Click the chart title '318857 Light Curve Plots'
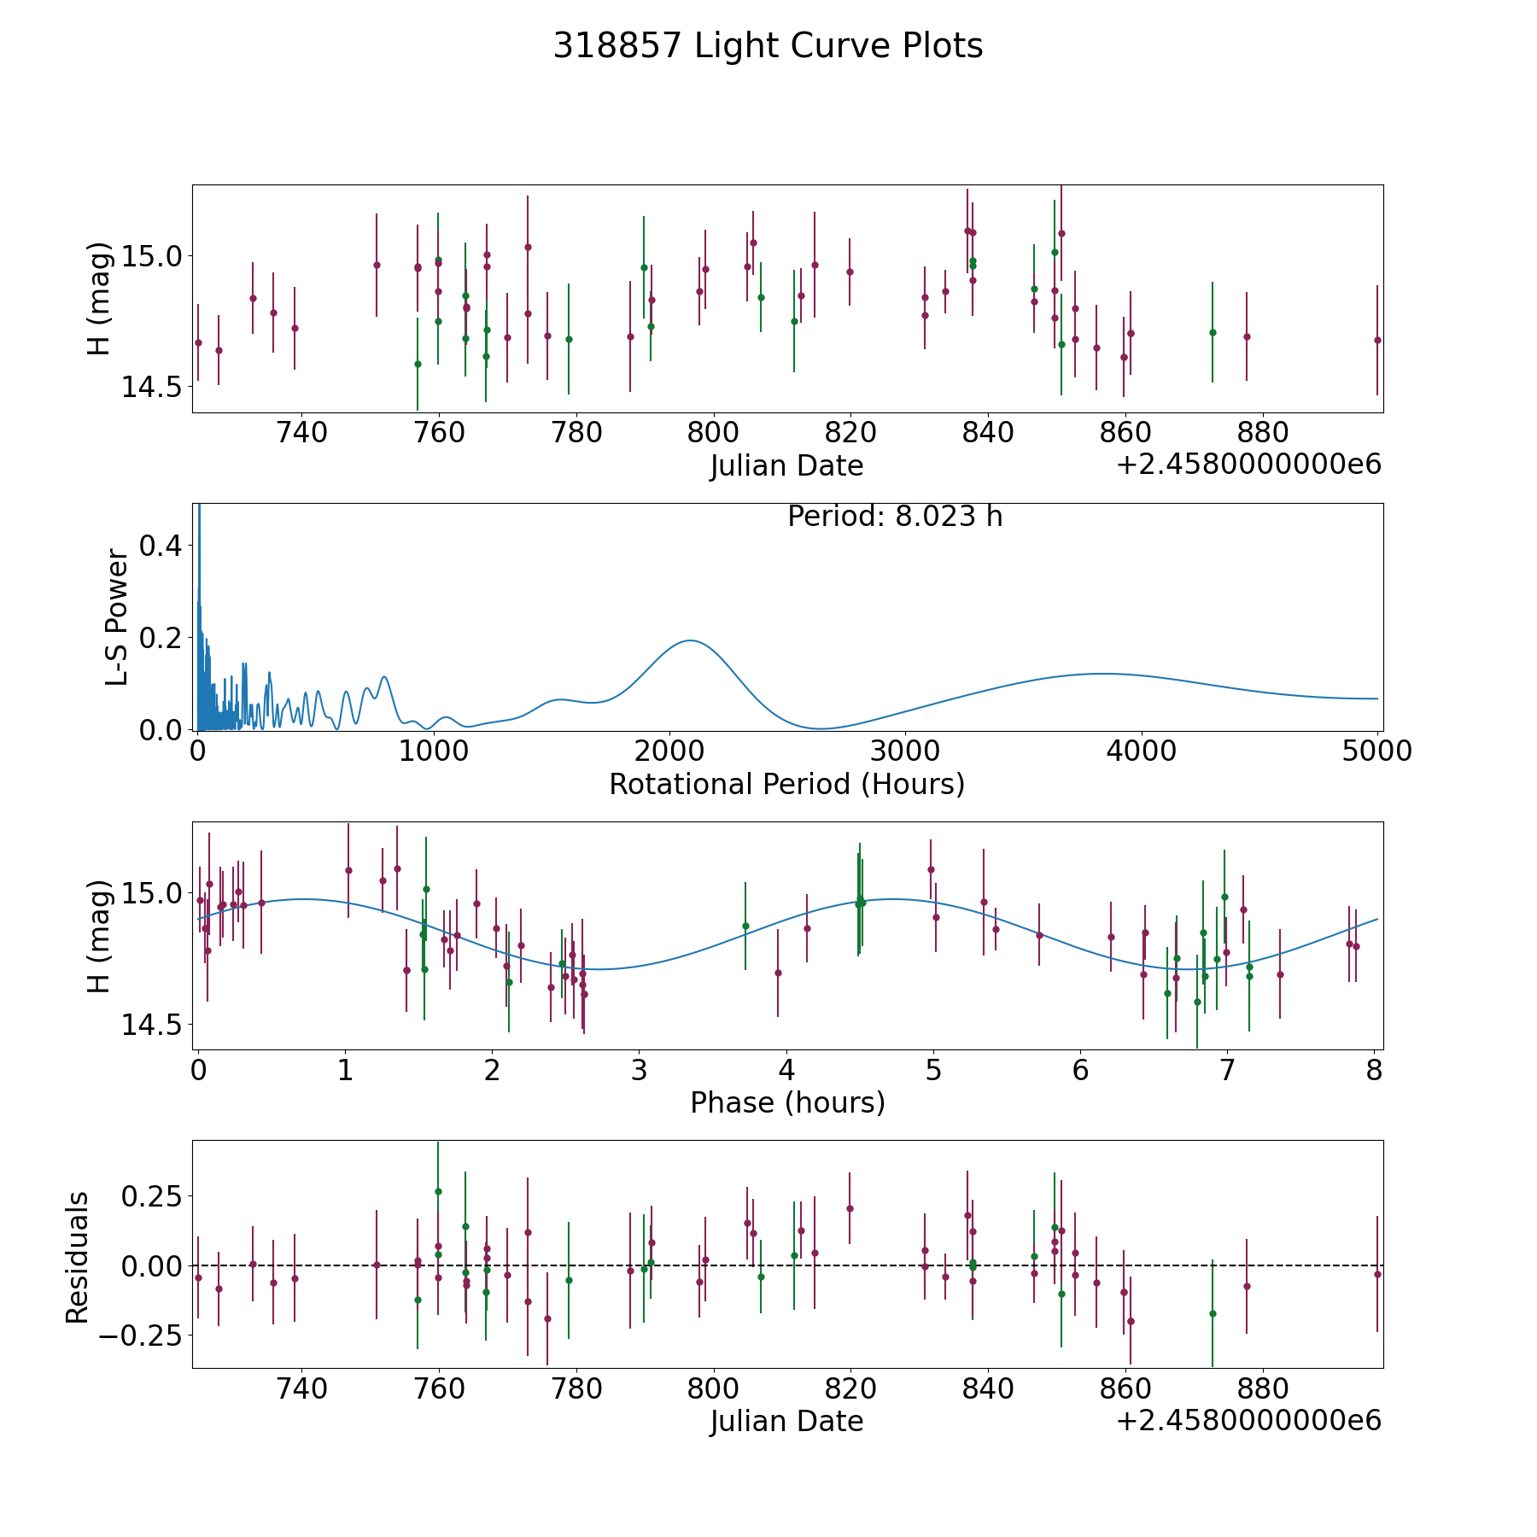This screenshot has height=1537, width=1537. pyautogui.click(x=768, y=46)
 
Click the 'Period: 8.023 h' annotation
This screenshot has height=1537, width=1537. pyautogui.click(x=894, y=517)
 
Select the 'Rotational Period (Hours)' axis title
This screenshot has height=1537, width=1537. pyautogui.click(x=786, y=784)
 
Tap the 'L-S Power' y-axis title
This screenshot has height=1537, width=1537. pyautogui.click(x=117, y=617)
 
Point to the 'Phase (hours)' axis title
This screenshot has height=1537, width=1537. pyautogui.click(x=787, y=1102)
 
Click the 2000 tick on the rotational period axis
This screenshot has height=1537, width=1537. pyautogui.click(x=669, y=751)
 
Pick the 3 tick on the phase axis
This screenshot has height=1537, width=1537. pyautogui.click(x=639, y=1070)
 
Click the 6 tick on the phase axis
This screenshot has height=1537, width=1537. pyautogui.click(x=1080, y=1070)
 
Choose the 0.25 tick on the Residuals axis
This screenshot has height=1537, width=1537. pyautogui.click(x=152, y=1195)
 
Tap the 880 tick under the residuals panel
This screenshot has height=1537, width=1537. pyautogui.click(x=1263, y=1388)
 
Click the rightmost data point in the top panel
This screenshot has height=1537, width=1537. pyautogui.click(x=1377, y=340)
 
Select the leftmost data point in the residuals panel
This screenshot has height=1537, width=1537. pyautogui.click(x=198, y=1277)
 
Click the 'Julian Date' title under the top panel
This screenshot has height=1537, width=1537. pyautogui.click(x=786, y=466)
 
